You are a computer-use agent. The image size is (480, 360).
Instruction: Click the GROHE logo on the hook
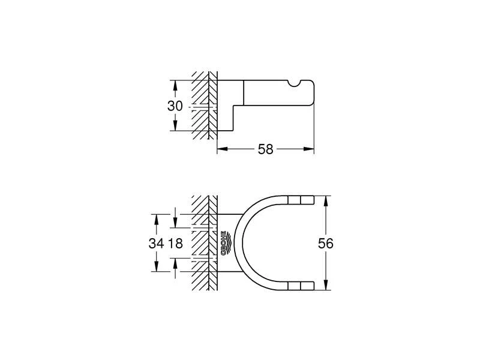(x=224, y=243)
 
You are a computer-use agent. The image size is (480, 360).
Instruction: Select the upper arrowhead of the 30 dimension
(x=175, y=85)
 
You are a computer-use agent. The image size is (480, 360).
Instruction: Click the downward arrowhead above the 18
(x=175, y=224)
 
